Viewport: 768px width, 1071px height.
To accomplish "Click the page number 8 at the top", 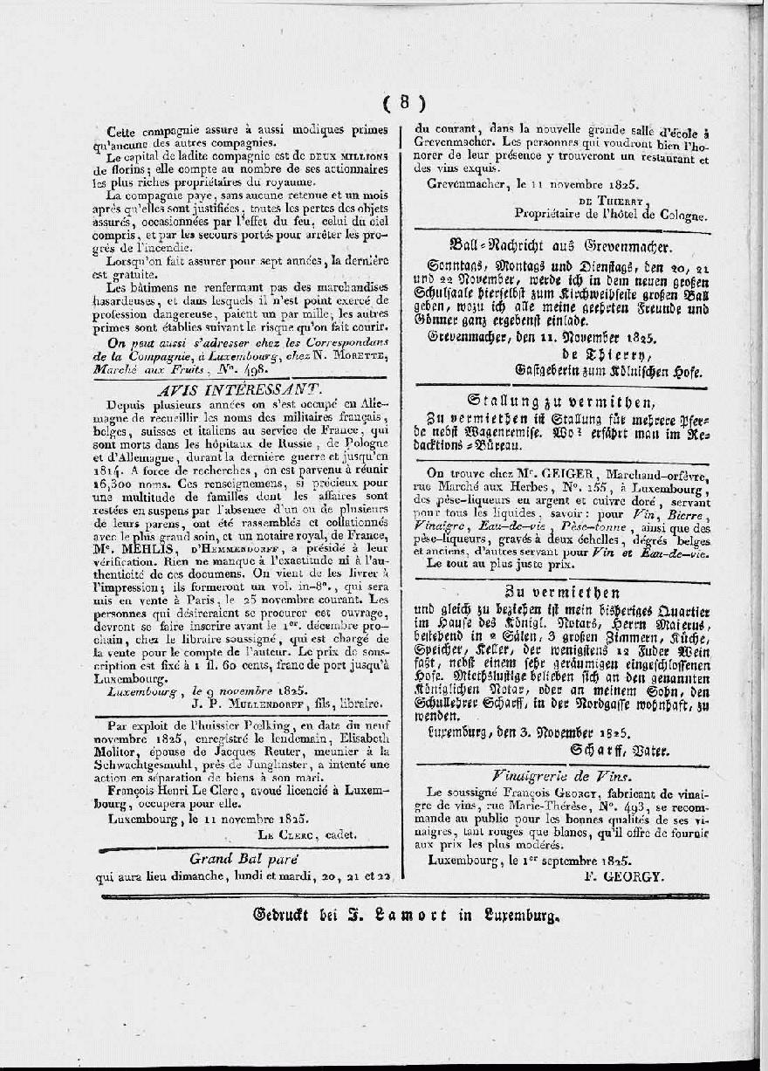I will pyautogui.click(x=404, y=101).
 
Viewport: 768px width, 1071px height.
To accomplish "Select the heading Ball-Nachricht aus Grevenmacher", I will pyautogui.click(x=559, y=247).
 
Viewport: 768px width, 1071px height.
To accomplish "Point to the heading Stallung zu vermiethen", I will pyautogui.click(x=560, y=402).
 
